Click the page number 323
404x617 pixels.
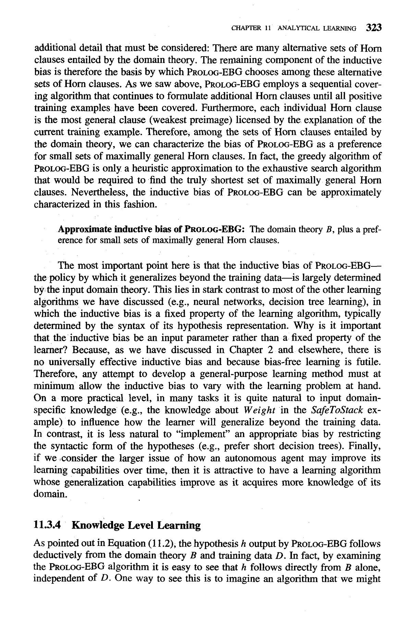[x=374, y=28]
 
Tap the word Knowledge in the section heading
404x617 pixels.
[x=97, y=525]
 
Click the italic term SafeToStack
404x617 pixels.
[x=334, y=410]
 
